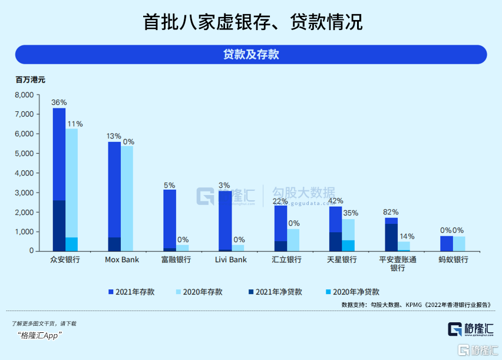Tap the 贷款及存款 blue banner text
[x=251, y=55]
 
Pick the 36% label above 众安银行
[x=59, y=102]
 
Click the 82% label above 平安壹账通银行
[x=391, y=212]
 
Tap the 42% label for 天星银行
[x=335, y=201]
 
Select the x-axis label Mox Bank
[x=121, y=260]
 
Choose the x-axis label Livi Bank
[x=230, y=260]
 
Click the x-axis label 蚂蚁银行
[x=453, y=260]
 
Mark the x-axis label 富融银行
[x=176, y=260]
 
